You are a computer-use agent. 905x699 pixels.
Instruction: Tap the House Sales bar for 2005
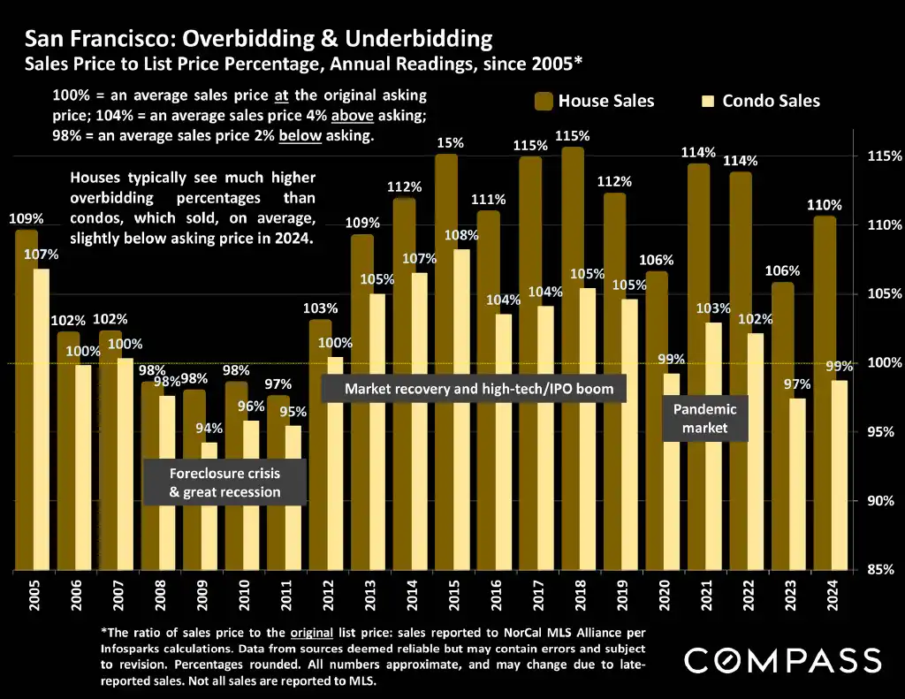point(26,398)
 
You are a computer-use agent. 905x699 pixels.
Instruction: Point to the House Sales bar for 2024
point(824,389)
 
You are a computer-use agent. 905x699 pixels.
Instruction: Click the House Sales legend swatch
point(543,101)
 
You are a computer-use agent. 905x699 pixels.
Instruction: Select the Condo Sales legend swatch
point(706,101)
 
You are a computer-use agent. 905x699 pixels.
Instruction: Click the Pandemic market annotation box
point(704,418)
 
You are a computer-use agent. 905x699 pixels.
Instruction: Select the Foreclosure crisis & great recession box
point(224,482)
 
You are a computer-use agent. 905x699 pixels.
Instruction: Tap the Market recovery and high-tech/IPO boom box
point(473,388)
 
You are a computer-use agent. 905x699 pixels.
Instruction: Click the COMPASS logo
point(782,660)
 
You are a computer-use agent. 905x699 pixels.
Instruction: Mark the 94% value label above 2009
point(209,429)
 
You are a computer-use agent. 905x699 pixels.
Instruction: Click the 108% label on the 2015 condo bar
point(461,236)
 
